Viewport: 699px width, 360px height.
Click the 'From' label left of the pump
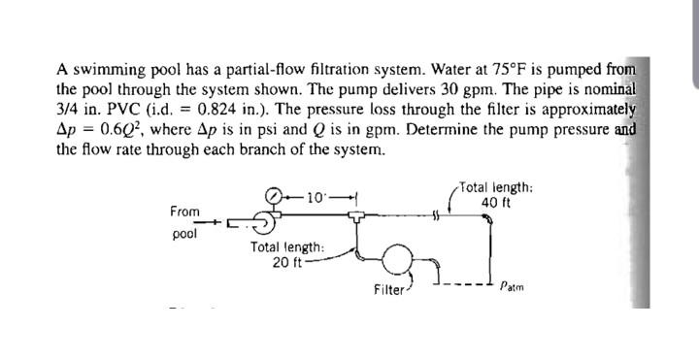pos(184,211)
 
